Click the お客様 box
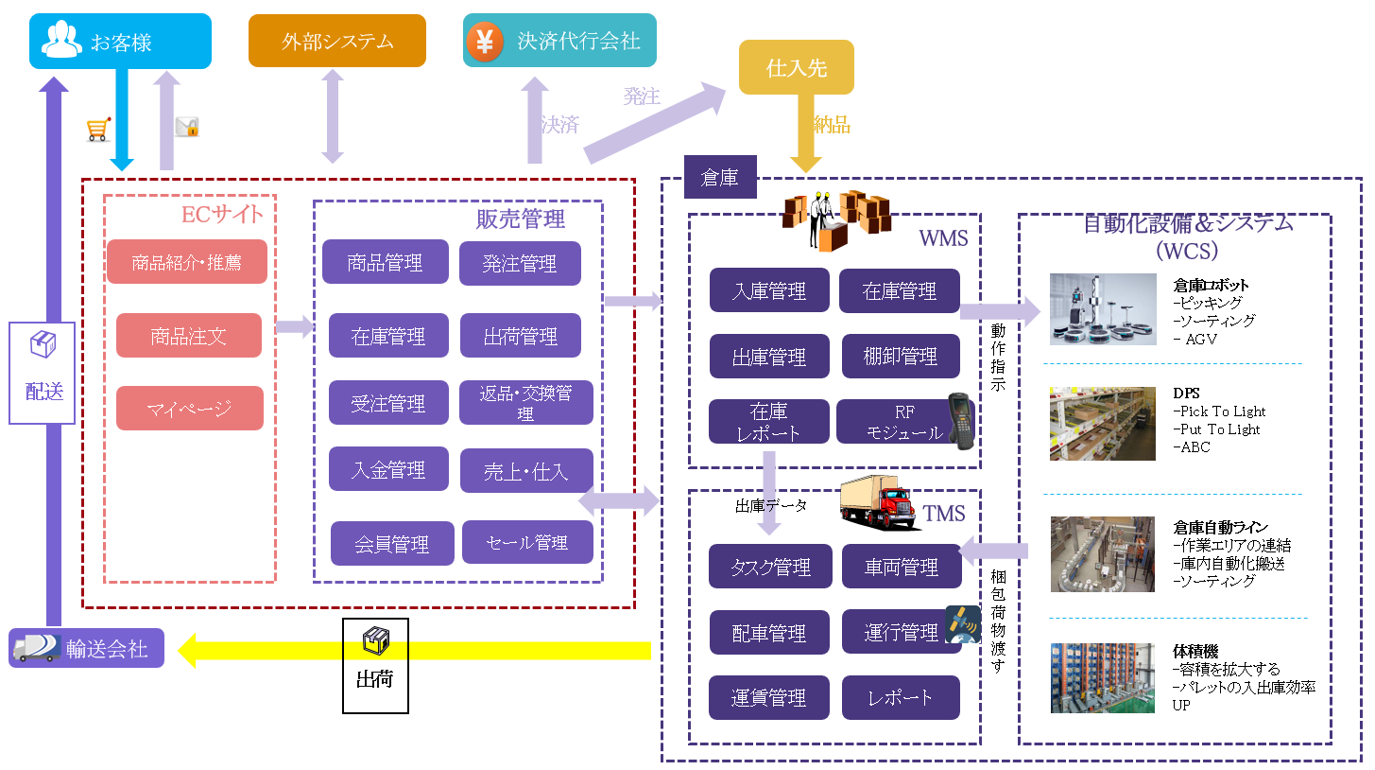118,42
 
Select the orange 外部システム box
336,42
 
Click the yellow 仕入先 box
796,68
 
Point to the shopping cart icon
98,130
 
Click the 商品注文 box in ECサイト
188,336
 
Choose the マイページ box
189,409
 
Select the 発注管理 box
520,264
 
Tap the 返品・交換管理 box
525,402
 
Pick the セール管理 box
526,543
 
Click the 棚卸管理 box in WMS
900,357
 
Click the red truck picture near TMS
878,504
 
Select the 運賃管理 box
768,698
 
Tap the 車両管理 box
901,568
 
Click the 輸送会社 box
86,649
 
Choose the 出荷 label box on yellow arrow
374,665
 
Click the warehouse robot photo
1102,309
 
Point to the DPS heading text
1187,393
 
